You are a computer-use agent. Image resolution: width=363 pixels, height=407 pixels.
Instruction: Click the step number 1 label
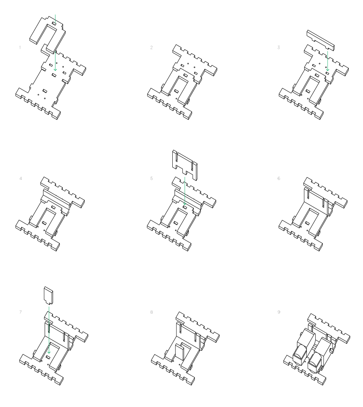click(x=20, y=47)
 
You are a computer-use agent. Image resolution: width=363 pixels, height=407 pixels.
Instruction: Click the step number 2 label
click(x=151, y=47)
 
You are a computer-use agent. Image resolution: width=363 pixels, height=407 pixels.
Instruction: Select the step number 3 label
click(x=278, y=47)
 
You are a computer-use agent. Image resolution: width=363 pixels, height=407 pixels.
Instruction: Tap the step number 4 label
click(x=20, y=178)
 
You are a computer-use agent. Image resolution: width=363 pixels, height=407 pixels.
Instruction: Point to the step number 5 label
click(x=151, y=178)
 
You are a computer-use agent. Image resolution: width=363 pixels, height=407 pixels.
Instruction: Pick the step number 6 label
click(x=278, y=178)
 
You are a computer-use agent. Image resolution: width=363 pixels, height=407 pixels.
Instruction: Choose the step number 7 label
click(x=20, y=312)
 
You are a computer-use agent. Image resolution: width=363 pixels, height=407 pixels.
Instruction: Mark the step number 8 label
click(x=151, y=312)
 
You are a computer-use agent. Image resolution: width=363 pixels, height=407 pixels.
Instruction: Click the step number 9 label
click(x=278, y=312)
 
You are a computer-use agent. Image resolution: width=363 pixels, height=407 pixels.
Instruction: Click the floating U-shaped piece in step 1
click(x=39, y=32)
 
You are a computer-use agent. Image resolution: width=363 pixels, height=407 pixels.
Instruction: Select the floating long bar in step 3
click(x=321, y=40)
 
